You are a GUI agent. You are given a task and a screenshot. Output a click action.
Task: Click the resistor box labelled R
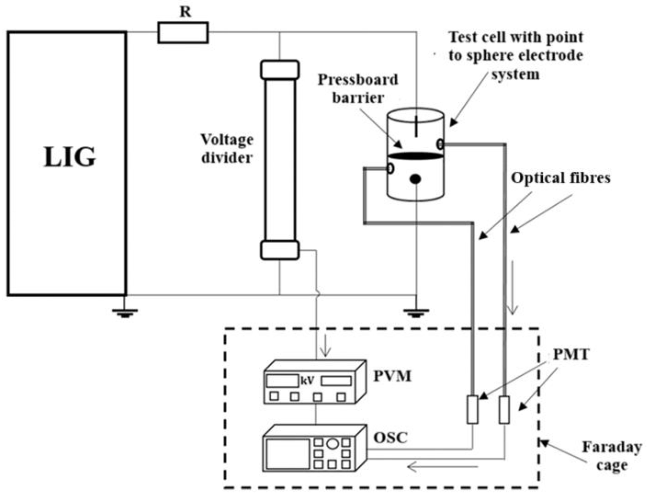click(183, 32)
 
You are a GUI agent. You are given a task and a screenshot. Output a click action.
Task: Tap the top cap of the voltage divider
click(280, 70)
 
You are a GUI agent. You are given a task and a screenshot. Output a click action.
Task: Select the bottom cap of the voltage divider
click(280, 250)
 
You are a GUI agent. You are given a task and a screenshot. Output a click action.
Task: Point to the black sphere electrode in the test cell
click(415, 179)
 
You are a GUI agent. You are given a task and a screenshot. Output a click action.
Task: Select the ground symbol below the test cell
click(416, 313)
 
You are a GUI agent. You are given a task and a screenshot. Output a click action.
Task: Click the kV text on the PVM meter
click(307, 381)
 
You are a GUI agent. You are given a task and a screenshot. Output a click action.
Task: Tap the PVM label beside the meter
click(392, 376)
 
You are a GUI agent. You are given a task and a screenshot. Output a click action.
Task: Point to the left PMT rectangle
click(472, 410)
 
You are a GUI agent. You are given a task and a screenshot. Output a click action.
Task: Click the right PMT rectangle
click(504, 410)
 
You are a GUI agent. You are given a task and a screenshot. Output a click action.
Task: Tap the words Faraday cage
click(612, 456)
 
